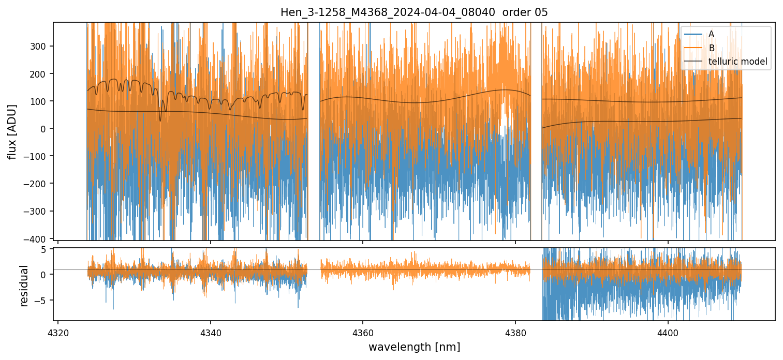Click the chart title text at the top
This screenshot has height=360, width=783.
[x=414, y=12]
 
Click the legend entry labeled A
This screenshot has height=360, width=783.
[x=711, y=34]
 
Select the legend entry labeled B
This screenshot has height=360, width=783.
[x=711, y=48]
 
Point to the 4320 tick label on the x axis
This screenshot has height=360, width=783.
[x=58, y=331]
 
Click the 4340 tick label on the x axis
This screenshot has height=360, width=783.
[x=210, y=331]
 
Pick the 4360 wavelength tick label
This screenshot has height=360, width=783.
[x=363, y=331]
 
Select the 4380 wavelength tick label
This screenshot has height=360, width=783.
[x=515, y=331]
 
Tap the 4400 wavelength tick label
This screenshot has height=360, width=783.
[x=668, y=331]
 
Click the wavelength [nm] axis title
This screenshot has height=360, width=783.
[x=414, y=347]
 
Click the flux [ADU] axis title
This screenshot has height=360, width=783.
[x=12, y=131]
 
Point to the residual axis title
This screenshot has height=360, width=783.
[x=24, y=286]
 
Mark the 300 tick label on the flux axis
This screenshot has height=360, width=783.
[x=40, y=46]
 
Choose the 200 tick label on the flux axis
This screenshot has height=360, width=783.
[x=40, y=73]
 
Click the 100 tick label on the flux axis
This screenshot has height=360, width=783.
[x=40, y=101]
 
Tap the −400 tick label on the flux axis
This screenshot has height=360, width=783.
[x=37, y=238]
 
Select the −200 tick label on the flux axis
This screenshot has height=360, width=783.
[x=37, y=184]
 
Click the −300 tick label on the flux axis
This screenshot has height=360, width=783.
[x=37, y=211]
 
